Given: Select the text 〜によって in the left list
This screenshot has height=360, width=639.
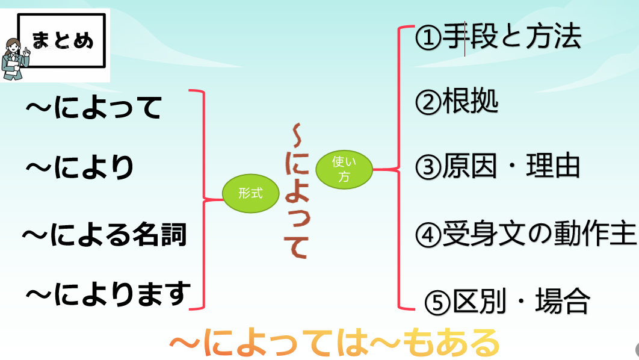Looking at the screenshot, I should (x=94, y=108).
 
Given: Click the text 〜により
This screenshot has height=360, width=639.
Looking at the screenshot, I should (x=79, y=167).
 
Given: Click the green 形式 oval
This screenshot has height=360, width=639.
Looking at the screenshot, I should (x=250, y=193).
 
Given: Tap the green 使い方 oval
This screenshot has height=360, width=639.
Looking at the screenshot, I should (x=344, y=169).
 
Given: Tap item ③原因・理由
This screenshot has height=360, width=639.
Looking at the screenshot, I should (x=498, y=167).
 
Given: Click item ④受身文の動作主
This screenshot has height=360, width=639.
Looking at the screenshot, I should (x=525, y=234).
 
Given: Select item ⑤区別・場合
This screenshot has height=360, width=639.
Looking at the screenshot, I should (x=507, y=301).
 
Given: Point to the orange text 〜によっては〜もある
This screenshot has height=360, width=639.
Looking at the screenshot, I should (x=335, y=343).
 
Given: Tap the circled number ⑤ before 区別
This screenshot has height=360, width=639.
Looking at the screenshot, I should (x=437, y=302).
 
